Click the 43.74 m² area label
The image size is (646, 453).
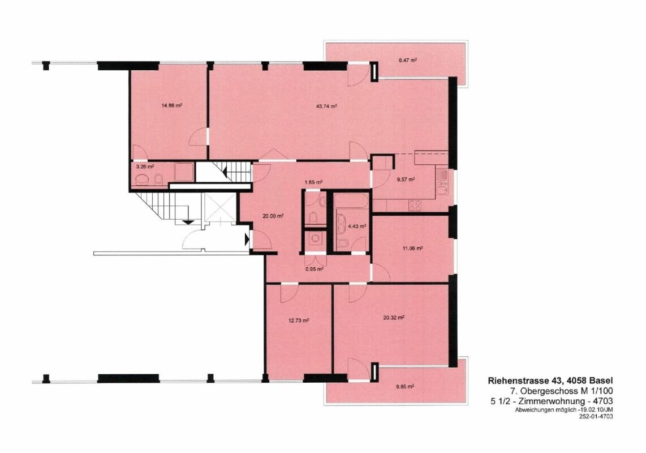(327, 106)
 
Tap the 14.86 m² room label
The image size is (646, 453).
(172, 105)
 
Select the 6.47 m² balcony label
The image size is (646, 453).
(407, 60)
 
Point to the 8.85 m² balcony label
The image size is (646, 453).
(404, 387)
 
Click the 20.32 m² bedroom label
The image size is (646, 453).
(394, 317)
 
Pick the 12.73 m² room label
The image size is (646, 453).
(299, 320)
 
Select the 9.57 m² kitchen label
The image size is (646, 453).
(406, 180)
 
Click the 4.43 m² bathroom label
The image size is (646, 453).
(357, 226)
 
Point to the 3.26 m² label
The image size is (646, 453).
(145, 166)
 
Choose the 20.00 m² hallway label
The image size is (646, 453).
(273, 216)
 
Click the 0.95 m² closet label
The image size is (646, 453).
(315, 269)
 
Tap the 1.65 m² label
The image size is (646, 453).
(313, 182)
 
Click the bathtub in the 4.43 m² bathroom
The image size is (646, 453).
(351, 202)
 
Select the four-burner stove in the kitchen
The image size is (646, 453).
(415, 205)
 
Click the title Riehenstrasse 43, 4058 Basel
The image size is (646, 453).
(550, 381)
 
